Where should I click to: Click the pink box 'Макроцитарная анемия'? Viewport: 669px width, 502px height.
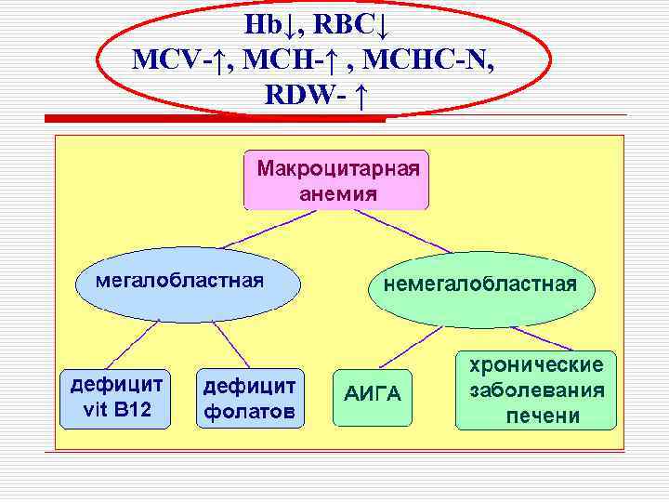tap(336, 180)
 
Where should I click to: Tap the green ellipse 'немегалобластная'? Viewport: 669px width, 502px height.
tap(479, 284)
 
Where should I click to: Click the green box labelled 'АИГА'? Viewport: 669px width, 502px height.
tap(373, 395)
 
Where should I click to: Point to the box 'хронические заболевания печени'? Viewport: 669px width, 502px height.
tap(536, 390)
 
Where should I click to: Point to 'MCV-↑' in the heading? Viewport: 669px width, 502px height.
tap(181, 60)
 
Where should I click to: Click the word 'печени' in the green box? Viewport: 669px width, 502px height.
tap(543, 416)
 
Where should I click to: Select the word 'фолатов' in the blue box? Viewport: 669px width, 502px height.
tap(249, 410)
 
